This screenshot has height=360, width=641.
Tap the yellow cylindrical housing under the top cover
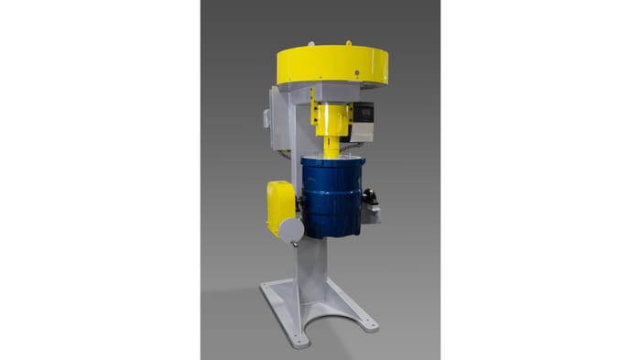[x=331, y=118]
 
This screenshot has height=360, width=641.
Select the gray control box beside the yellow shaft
[x=364, y=119]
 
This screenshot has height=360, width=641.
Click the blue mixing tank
[x=333, y=197]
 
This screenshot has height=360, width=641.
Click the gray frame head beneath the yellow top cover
[x=302, y=92]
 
